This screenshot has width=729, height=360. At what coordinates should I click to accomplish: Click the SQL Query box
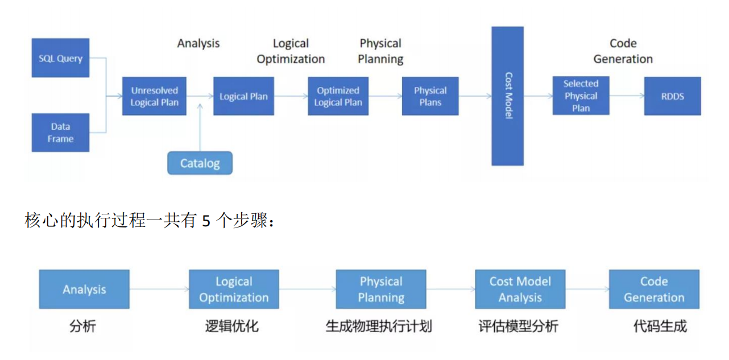point(60,58)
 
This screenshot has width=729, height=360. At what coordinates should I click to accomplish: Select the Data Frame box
point(60,133)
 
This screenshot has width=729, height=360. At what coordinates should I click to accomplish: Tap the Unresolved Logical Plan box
point(154,96)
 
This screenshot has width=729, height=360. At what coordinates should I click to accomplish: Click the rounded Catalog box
point(200,163)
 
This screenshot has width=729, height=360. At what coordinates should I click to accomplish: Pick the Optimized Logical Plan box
point(338,96)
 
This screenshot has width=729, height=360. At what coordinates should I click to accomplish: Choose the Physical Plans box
point(430,96)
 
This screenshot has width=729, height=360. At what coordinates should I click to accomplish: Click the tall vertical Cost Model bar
point(507,96)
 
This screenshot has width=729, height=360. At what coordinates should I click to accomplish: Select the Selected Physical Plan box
point(581,96)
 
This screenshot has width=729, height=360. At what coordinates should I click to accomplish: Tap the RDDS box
point(672,96)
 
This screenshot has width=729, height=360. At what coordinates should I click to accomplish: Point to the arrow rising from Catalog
point(200,128)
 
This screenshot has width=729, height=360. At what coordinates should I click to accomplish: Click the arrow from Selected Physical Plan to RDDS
point(626,96)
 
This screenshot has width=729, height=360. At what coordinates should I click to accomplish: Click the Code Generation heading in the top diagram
point(623,51)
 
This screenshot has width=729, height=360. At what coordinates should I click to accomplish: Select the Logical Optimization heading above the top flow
point(291,51)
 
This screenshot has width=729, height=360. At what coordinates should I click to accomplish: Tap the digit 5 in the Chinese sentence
point(206,221)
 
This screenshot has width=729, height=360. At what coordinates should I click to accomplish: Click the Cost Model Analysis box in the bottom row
point(520,289)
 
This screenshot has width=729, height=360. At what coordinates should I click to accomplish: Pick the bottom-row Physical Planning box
point(380,289)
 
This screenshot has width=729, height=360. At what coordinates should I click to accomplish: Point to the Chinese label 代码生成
point(660,326)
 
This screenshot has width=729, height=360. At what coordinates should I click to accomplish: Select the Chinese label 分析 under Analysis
point(83,326)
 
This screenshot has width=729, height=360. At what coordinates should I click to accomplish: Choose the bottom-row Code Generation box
point(654,289)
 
